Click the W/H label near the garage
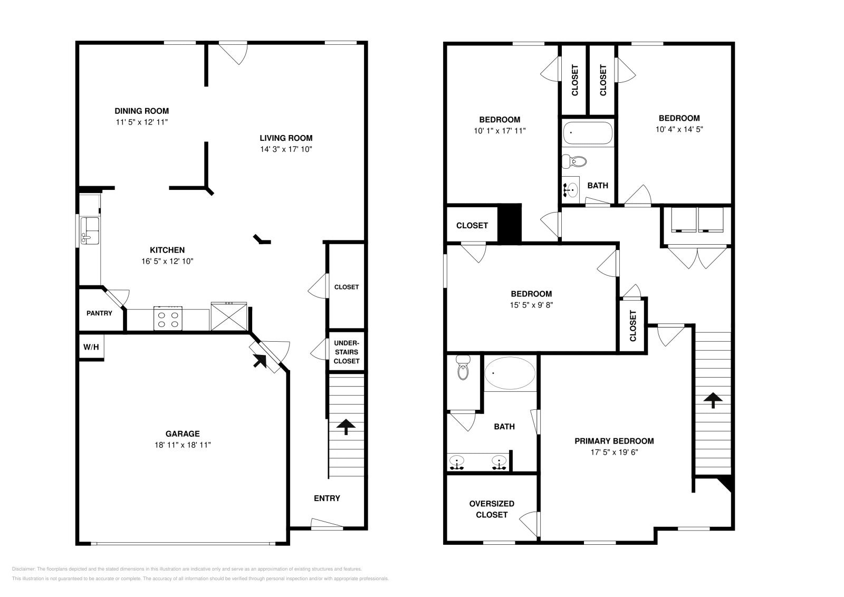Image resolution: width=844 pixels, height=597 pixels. [91, 348]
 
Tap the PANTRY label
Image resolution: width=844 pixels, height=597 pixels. [99, 313]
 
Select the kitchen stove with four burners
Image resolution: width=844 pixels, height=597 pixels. [168, 319]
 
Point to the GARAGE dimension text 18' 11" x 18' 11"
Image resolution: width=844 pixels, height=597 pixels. [183, 445]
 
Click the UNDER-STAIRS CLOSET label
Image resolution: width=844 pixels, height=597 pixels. [347, 352]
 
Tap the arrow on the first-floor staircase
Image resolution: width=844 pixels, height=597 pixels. [346, 426]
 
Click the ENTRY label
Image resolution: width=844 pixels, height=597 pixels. [327, 498]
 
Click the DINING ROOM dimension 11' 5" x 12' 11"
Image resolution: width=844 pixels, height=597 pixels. [142, 122]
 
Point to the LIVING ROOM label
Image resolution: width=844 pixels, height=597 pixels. [286, 138]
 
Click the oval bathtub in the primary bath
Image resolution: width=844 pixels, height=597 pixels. [510, 373]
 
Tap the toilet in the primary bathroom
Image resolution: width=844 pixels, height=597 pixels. [463, 368]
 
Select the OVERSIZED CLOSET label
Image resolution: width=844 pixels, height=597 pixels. [492, 509]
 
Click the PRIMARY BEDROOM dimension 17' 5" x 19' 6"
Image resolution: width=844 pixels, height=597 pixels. [614, 452]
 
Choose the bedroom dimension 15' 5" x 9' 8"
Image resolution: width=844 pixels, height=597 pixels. [531, 305]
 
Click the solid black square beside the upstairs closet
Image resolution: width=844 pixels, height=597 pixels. [510, 224]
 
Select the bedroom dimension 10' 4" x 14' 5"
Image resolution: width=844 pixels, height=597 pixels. [679, 129]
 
